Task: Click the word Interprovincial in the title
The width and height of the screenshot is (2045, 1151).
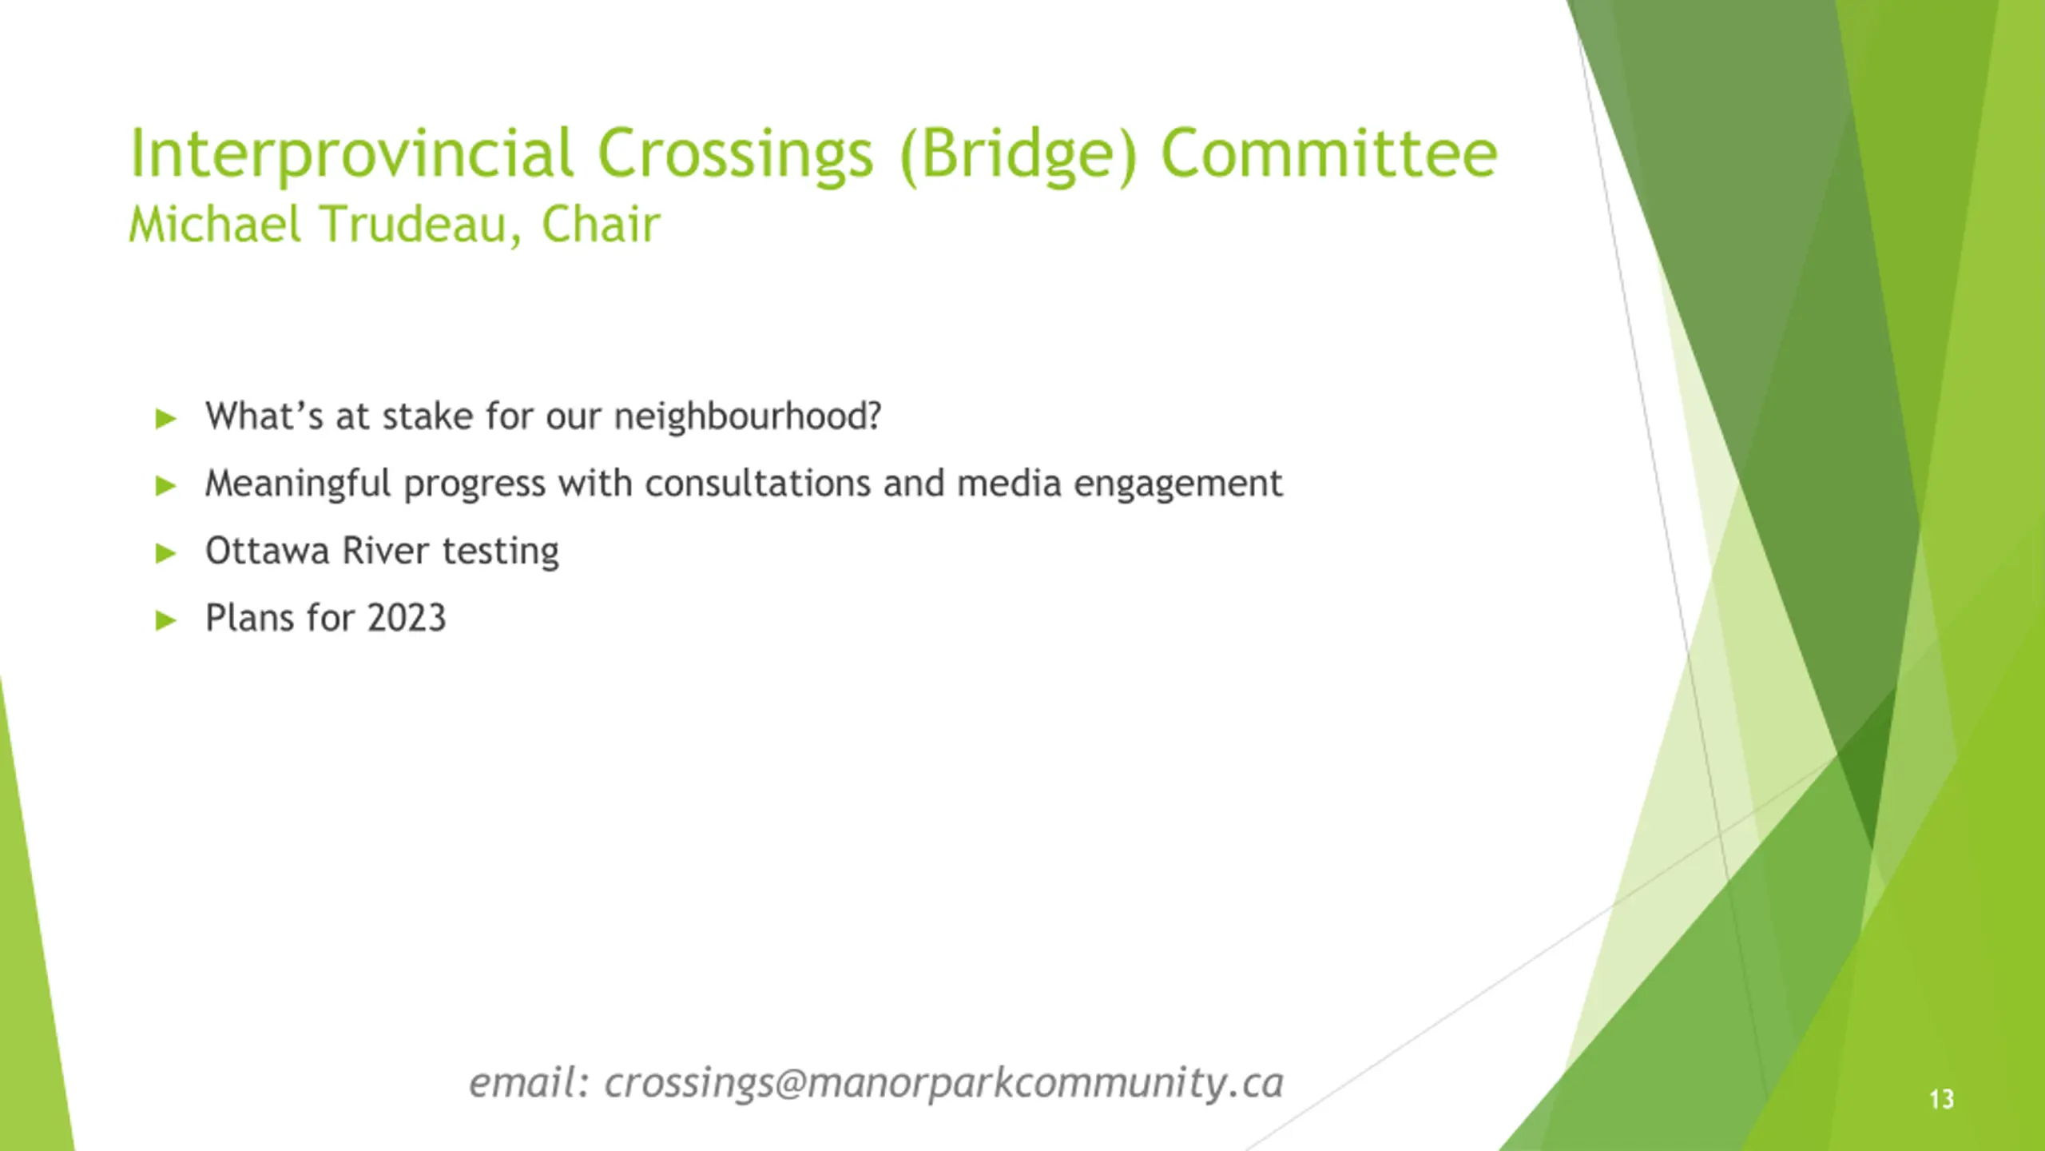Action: pos(351,153)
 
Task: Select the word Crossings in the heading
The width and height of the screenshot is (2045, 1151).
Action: pos(735,153)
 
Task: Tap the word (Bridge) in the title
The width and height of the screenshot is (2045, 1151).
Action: pos(1017,153)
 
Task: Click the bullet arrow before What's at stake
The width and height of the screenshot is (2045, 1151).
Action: pos(165,418)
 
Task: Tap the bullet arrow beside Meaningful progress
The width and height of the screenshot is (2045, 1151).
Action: pos(165,485)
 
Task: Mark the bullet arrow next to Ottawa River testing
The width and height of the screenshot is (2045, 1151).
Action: pos(165,552)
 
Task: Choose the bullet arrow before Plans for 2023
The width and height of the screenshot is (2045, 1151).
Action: pos(165,619)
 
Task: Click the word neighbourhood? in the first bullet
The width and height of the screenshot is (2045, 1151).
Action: pos(747,416)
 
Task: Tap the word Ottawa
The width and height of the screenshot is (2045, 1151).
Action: pos(267,551)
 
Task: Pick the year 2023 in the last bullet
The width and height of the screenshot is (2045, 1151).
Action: pos(407,618)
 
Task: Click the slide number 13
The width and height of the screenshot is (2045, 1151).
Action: pos(1942,1100)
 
